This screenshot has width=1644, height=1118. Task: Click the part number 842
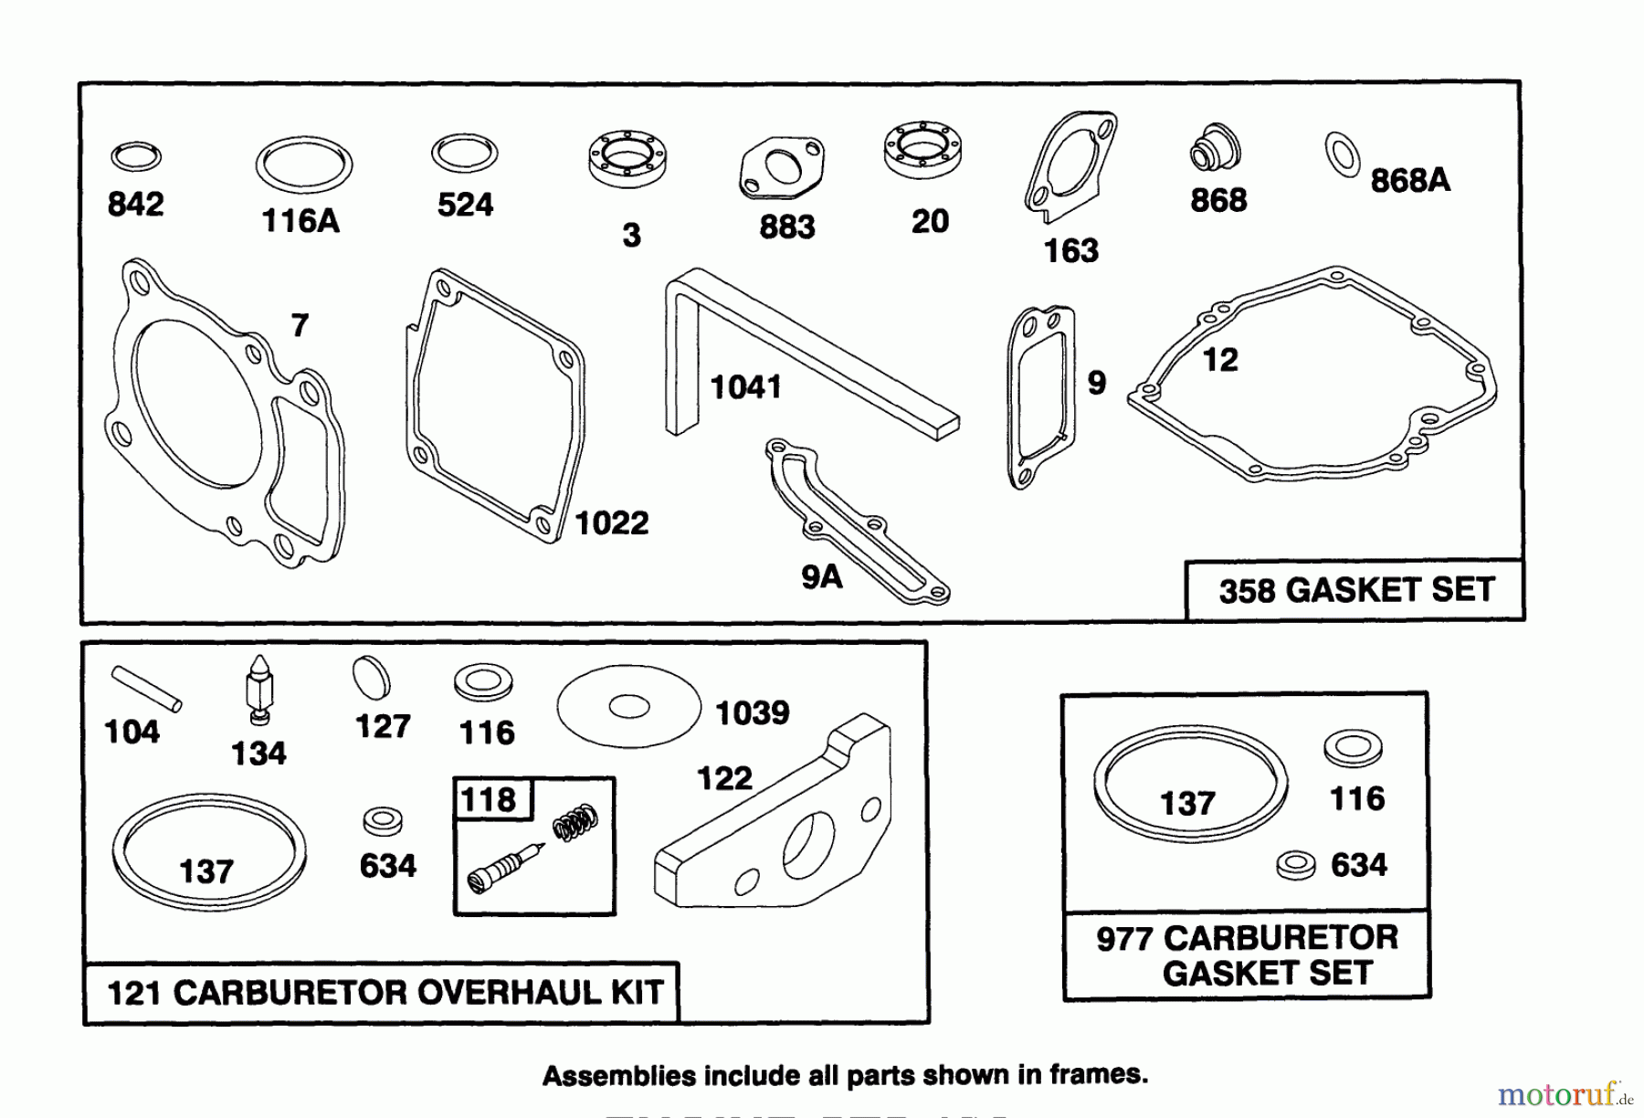pyautogui.click(x=136, y=204)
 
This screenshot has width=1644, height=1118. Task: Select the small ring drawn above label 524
pyautogui.click(x=464, y=153)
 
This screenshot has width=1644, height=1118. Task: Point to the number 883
pyautogui.click(x=786, y=227)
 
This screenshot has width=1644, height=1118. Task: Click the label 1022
pyautogui.click(x=612, y=523)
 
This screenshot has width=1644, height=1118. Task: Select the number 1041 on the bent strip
pyautogui.click(x=745, y=387)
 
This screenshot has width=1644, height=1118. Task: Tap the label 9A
pyautogui.click(x=821, y=577)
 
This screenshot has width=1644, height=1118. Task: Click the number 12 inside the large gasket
pyautogui.click(x=1220, y=360)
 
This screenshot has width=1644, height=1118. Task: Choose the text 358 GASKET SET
pyautogui.click(x=1355, y=590)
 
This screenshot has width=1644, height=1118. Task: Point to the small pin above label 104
pyautogui.click(x=146, y=687)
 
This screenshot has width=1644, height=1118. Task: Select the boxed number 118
pyautogui.click(x=489, y=800)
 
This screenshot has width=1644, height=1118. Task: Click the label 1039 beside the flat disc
pyautogui.click(x=752, y=712)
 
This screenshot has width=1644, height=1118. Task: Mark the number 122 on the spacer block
pyautogui.click(x=724, y=778)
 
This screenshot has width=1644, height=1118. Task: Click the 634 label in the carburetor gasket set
pyautogui.click(x=1358, y=865)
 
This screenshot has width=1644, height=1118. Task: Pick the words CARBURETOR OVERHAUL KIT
pyautogui.click(x=416, y=993)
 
